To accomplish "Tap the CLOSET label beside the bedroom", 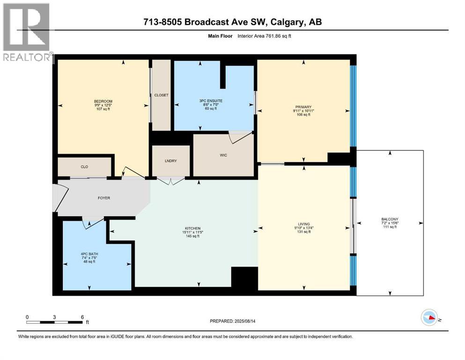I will [161, 95].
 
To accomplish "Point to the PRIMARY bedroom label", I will [303, 107].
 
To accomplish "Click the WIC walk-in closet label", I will [223, 155].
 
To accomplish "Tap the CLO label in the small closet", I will [84, 167].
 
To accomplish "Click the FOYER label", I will [103, 198].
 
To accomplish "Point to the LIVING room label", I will [303, 224].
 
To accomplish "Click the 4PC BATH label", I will [89, 254].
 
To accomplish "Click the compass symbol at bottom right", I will [429, 318].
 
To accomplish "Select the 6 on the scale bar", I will [82, 317].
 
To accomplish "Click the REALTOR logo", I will [27, 33].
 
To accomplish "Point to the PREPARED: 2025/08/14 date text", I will [232, 321].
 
